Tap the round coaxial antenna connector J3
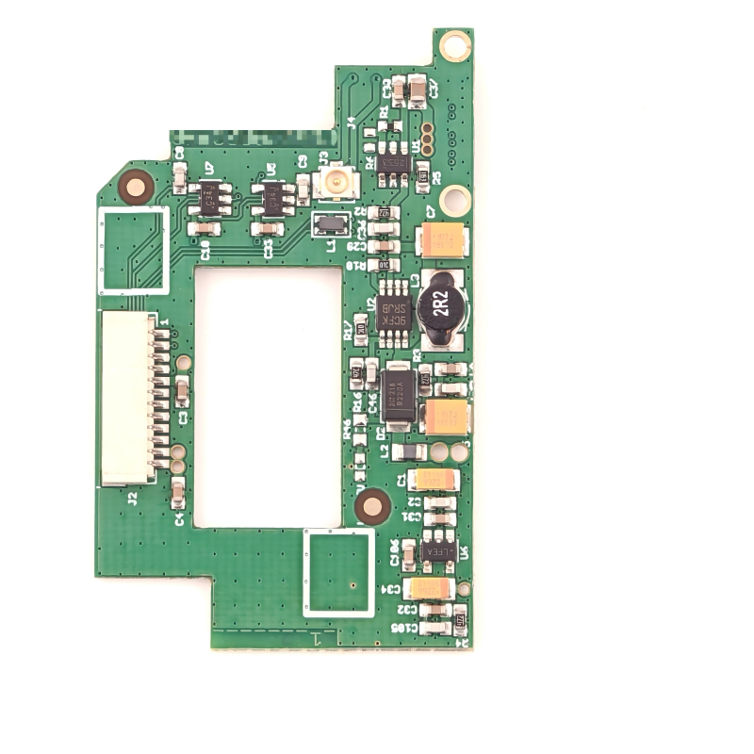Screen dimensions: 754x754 pyautogui.click(x=333, y=181)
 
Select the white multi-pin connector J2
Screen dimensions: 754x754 pyautogui.click(x=129, y=398)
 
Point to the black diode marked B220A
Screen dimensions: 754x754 pyautogui.click(x=399, y=396)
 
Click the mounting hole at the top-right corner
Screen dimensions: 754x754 pyautogui.click(x=454, y=44)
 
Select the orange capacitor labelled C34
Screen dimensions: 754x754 pyautogui.click(x=431, y=589)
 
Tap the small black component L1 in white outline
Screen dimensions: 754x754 pyautogui.click(x=330, y=223)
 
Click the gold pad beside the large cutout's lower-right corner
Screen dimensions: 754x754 pyautogui.click(x=372, y=507)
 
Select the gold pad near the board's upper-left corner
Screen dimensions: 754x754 pyautogui.click(x=136, y=188)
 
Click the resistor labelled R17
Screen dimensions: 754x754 pyautogui.click(x=359, y=327)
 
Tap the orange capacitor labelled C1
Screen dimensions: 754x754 pyautogui.click(x=434, y=480)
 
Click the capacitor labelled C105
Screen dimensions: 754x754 pyautogui.click(x=435, y=625)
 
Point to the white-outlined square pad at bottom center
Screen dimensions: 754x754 pyautogui.click(x=338, y=572)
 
